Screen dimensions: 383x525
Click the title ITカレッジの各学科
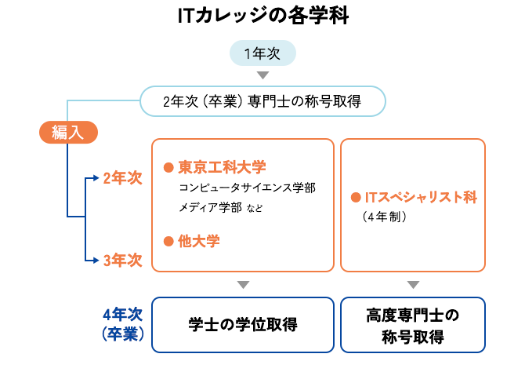tap(262, 16)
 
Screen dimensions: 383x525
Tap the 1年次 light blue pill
tap(262, 53)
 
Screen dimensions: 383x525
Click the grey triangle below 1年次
tap(263, 75)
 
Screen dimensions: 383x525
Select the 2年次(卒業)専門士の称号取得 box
tap(262, 100)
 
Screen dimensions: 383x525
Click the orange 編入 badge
tap(68, 132)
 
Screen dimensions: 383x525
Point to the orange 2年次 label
tap(122, 178)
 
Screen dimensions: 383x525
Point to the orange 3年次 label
tap(122, 261)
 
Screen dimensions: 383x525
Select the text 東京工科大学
tap(222, 167)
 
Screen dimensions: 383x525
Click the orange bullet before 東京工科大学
tap(167, 168)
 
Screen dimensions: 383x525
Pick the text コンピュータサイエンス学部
tap(247, 188)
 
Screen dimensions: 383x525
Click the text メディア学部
tap(210, 208)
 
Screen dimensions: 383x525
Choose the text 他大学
tap(198, 241)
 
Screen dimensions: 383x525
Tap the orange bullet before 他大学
tap(167, 242)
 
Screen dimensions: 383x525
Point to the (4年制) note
tap(385, 217)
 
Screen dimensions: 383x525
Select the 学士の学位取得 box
tap(243, 324)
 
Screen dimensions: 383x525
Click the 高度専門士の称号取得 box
tap(413, 325)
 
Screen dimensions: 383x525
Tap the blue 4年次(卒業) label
tap(121, 324)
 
